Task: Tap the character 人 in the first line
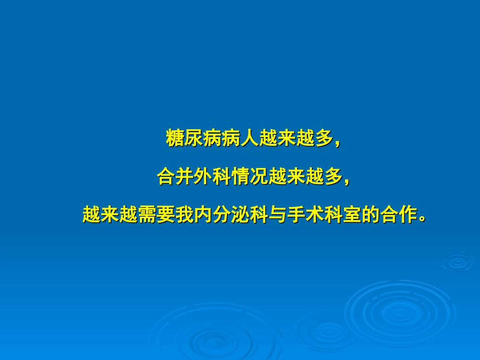tap(249, 138)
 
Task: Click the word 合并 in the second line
tap(175, 177)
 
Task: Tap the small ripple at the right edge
tap(457, 262)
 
